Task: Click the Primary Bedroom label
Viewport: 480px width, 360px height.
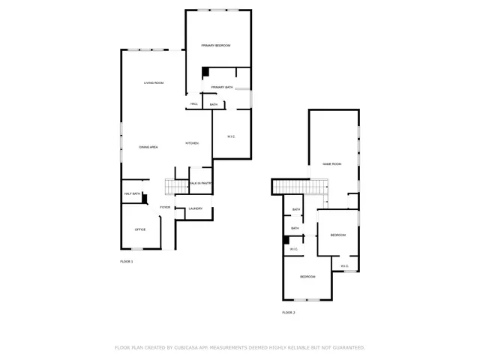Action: pos(215,46)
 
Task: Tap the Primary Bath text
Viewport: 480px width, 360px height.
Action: pos(221,88)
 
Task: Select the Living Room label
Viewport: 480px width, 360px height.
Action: pos(154,82)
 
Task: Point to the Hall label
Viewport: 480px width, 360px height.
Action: pos(193,104)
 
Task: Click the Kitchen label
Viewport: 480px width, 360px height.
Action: pos(192,143)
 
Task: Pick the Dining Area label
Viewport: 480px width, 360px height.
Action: pos(148,147)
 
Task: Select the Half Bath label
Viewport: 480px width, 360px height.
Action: pos(132,193)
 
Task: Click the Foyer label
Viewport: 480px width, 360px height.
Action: pos(164,207)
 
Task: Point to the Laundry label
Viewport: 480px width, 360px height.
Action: pos(195,208)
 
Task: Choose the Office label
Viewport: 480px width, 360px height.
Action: pos(139,229)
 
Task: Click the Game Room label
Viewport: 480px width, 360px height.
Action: pos(331,163)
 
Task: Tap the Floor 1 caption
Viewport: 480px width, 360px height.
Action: pos(126,261)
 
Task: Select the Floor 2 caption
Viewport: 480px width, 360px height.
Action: pos(289,312)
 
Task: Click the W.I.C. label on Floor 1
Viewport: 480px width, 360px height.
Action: pos(231,136)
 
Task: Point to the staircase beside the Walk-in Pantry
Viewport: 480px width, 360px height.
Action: pos(177,187)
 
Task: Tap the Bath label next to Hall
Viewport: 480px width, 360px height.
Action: pos(214,104)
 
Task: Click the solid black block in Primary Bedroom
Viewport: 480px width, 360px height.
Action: pos(204,73)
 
